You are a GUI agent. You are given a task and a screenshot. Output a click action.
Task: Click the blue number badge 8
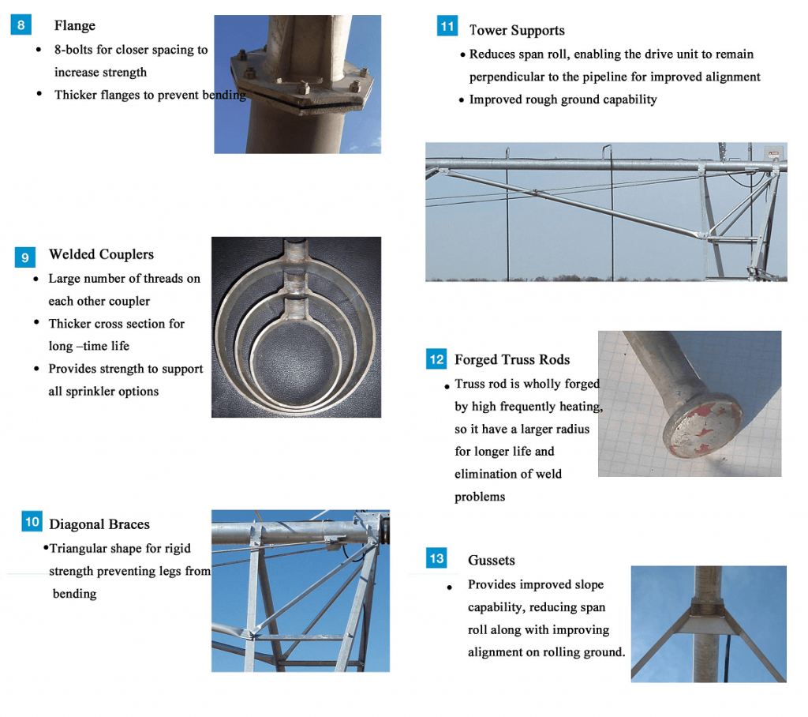click(x=21, y=25)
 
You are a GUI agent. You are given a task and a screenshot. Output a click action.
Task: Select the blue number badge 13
click(x=436, y=558)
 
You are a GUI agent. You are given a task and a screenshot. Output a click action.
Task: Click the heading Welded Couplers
click(x=101, y=254)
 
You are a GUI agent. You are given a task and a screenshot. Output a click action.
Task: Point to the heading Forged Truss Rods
click(x=511, y=359)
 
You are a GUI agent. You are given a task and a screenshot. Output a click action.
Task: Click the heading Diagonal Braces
click(x=99, y=524)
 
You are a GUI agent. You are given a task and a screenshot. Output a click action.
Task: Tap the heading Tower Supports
click(x=517, y=31)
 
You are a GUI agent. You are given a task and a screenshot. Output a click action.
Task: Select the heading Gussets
click(x=491, y=561)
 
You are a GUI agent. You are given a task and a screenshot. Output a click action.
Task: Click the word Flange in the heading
click(x=74, y=26)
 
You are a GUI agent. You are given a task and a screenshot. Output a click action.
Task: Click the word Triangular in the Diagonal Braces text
click(x=81, y=549)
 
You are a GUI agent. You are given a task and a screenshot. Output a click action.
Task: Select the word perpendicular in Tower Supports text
click(x=507, y=77)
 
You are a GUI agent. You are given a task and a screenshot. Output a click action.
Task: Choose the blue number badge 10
click(x=32, y=522)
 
